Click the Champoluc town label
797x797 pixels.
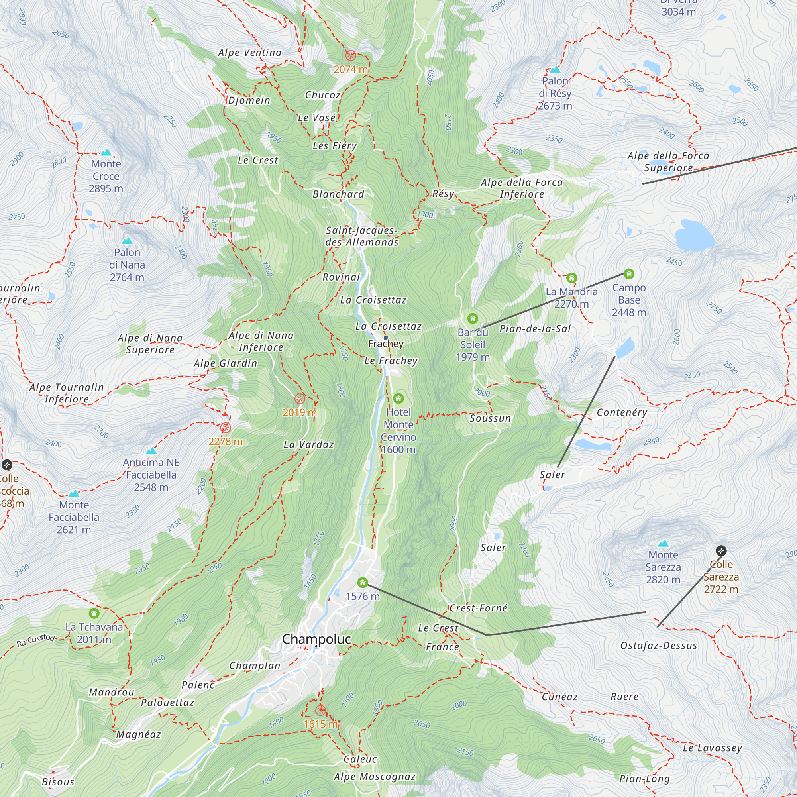tap(316, 639)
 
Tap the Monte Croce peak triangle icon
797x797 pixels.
tap(106, 152)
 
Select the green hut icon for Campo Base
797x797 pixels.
tap(629, 273)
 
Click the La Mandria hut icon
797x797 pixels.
tap(571, 278)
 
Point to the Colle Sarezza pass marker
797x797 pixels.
tap(720, 550)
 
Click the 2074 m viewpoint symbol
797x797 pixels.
tap(351, 55)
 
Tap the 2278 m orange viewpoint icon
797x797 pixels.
tap(225, 427)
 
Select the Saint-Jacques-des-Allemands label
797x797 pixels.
tap(362, 236)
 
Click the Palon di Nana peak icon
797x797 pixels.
tap(127, 241)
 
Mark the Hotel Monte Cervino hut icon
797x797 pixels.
tap(398, 398)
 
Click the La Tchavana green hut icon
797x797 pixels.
tap(94, 613)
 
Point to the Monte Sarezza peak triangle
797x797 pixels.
tap(663, 543)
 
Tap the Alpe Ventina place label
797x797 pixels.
tap(249, 53)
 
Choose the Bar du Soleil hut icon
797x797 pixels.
tap(472, 318)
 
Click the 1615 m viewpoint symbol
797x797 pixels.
tap(320, 711)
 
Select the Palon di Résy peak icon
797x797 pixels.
tap(555, 69)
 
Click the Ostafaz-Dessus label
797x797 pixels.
tap(658, 646)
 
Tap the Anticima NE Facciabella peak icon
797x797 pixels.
tap(151, 450)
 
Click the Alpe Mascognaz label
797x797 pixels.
tap(374, 777)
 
